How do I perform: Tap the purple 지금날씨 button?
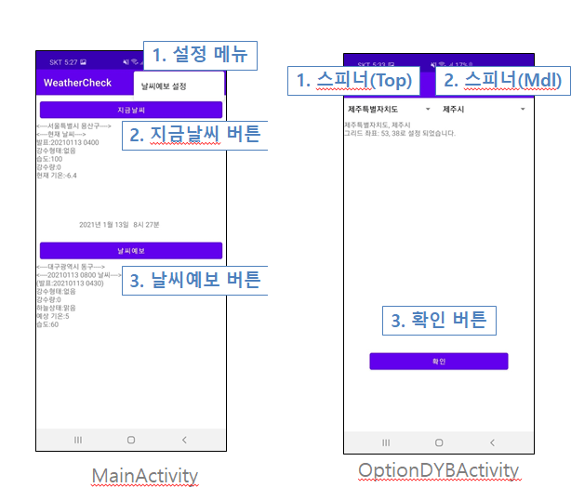pyautogui.click(x=130, y=110)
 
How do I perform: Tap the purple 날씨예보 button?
pyautogui.click(x=130, y=250)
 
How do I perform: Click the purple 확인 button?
pyautogui.click(x=438, y=362)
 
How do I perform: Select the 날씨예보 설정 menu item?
pyautogui.click(x=164, y=86)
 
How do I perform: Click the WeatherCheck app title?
pyautogui.click(x=77, y=83)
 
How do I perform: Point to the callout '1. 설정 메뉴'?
pyautogui.click(x=200, y=54)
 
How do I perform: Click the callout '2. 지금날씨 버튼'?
pyautogui.click(x=193, y=135)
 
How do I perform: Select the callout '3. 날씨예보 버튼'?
pyautogui.click(x=193, y=279)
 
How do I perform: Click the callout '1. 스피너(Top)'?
pyautogui.click(x=353, y=81)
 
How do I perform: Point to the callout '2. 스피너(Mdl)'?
pyautogui.click(x=501, y=81)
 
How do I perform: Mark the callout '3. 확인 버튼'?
pyautogui.click(x=438, y=321)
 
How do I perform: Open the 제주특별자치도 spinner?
pyautogui.click(x=388, y=110)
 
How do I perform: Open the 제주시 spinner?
pyautogui.click(x=484, y=110)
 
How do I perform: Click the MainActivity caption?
pyautogui.click(x=145, y=476)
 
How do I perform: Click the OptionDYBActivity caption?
pyautogui.click(x=438, y=470)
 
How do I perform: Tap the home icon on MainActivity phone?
pyautogui.click(x=131, y=439)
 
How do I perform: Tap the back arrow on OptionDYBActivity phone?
pyautogui.click(x=492, y=442)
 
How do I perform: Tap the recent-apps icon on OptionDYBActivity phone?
pyautogui.click(x=384, y=442)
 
